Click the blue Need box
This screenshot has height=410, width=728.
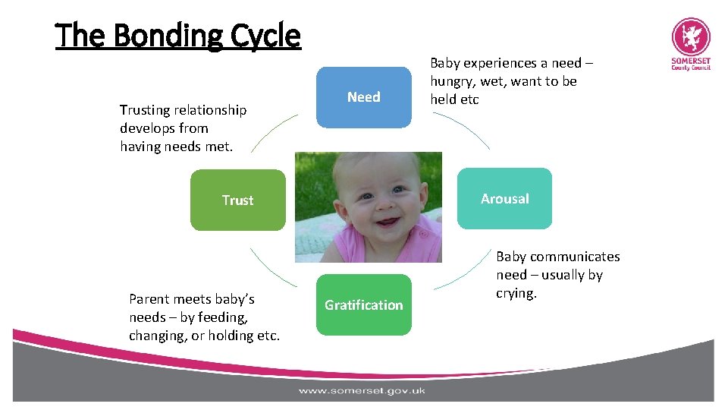coord(363,97)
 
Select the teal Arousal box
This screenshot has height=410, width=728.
coord(504,199)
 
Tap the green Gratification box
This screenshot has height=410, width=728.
coord(363,304)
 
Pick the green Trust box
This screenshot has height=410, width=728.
coord(237,200)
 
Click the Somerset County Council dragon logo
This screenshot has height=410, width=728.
coord(691,37)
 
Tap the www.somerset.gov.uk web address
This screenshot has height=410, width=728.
coord(362,391)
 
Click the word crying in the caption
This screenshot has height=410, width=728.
coord(516,294)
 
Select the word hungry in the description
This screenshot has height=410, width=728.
coord(453,81)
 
